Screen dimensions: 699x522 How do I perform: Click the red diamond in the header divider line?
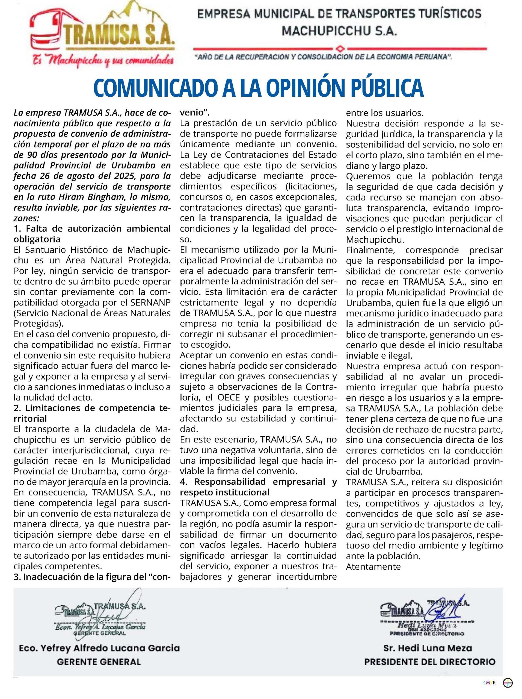(x=340, y=49)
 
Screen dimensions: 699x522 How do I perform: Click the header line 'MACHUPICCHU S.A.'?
(x=339, y=31)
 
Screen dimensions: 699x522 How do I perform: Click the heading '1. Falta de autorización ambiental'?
(x=92, y=229)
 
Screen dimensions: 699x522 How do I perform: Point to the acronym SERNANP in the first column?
(x=150, y=303)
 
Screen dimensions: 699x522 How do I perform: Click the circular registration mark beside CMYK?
(x=508, y=691)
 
